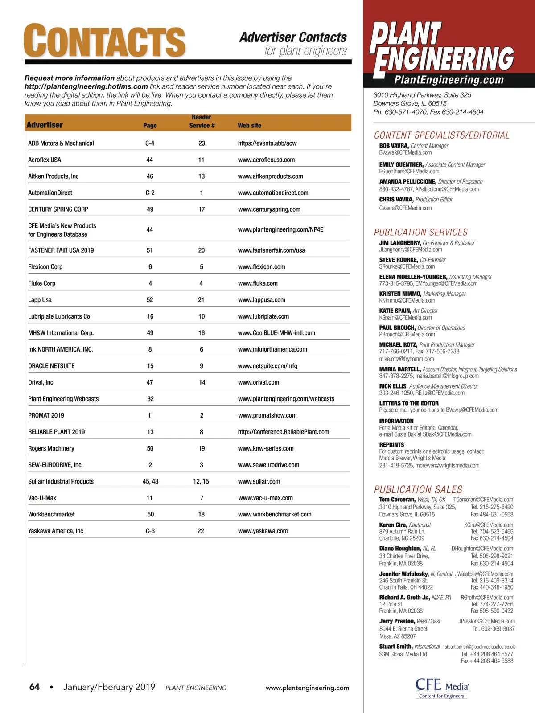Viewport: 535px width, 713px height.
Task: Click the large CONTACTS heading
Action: [x=104, y=41]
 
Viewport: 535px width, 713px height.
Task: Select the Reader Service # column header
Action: [x=202, y=121]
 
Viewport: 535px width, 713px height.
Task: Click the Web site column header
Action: [x=249, y=126]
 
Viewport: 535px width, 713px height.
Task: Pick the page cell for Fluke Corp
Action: [x=150, y=283]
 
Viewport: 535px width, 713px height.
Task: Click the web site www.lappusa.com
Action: [x=261, y=300]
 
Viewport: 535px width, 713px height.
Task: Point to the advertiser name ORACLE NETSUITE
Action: [x=51, y=366]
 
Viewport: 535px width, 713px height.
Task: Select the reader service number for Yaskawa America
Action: [x=201, y=531]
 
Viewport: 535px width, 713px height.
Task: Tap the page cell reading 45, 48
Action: [x=150, y=481]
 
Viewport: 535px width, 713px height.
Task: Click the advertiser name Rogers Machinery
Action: [x=51, y=448]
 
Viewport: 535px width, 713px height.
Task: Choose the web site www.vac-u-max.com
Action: [x=265, y=498]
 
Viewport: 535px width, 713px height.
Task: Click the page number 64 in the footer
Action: [x=34, y=687]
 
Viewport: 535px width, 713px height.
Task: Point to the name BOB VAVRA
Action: [x=394, y=146]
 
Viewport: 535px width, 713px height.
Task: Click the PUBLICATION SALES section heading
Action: [x=418, y=489]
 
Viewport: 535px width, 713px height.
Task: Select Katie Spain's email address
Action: [x=405, y=318]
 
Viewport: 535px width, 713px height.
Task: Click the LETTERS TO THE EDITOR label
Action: [x=409, y=403]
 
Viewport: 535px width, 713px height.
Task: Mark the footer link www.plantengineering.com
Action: [x=307, y=688]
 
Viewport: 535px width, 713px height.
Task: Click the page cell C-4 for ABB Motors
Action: [x=150, y=143]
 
